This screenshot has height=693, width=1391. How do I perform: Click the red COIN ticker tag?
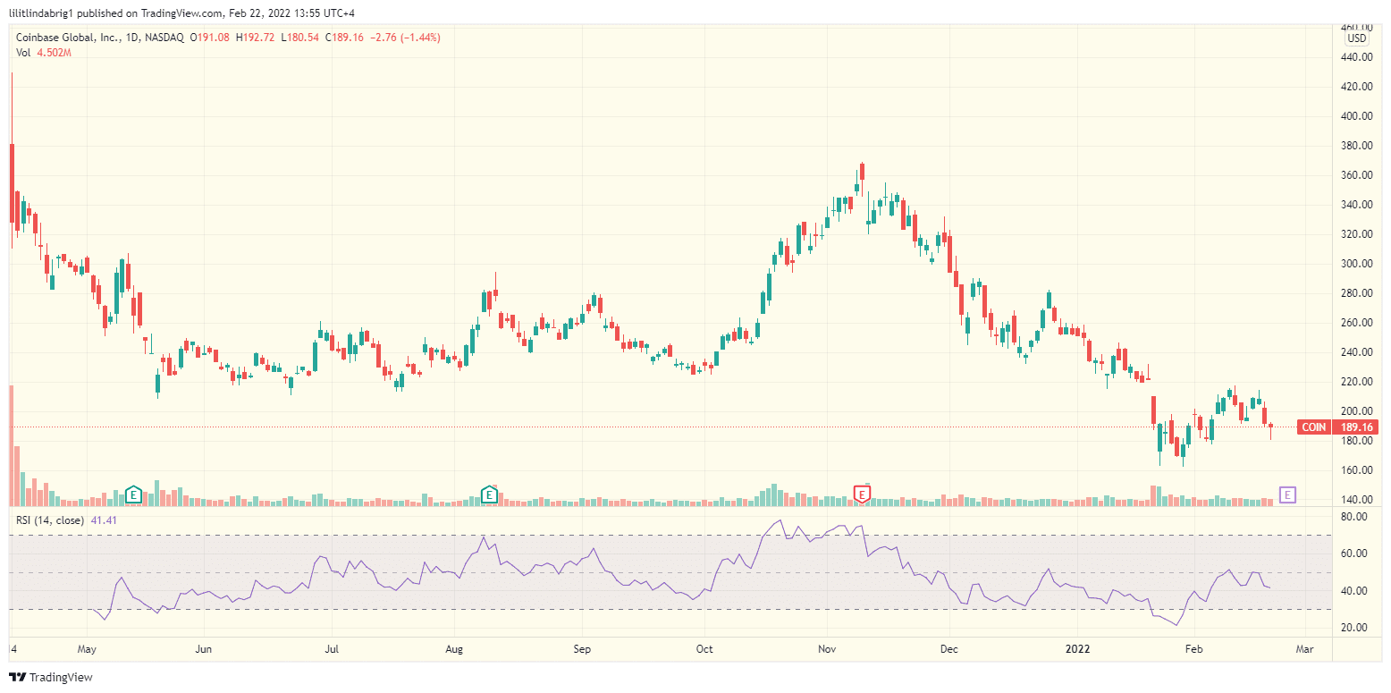point(1313,427)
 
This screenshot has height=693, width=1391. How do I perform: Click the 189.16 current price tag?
point(1355,427)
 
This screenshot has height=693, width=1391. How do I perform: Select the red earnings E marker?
point(863,494)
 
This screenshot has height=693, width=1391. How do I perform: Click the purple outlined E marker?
point(1288,494)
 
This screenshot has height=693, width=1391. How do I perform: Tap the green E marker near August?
point(489,494)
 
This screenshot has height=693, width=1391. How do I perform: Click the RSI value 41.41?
point(105,520)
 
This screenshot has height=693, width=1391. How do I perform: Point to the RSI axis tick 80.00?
point(1355,517)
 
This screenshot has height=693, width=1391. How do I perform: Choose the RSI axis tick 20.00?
point(1355,628)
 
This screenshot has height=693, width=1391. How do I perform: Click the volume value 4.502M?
point(54,53)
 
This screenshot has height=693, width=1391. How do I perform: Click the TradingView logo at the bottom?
point(51,677)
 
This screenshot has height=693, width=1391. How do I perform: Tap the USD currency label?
point(1357,38)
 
